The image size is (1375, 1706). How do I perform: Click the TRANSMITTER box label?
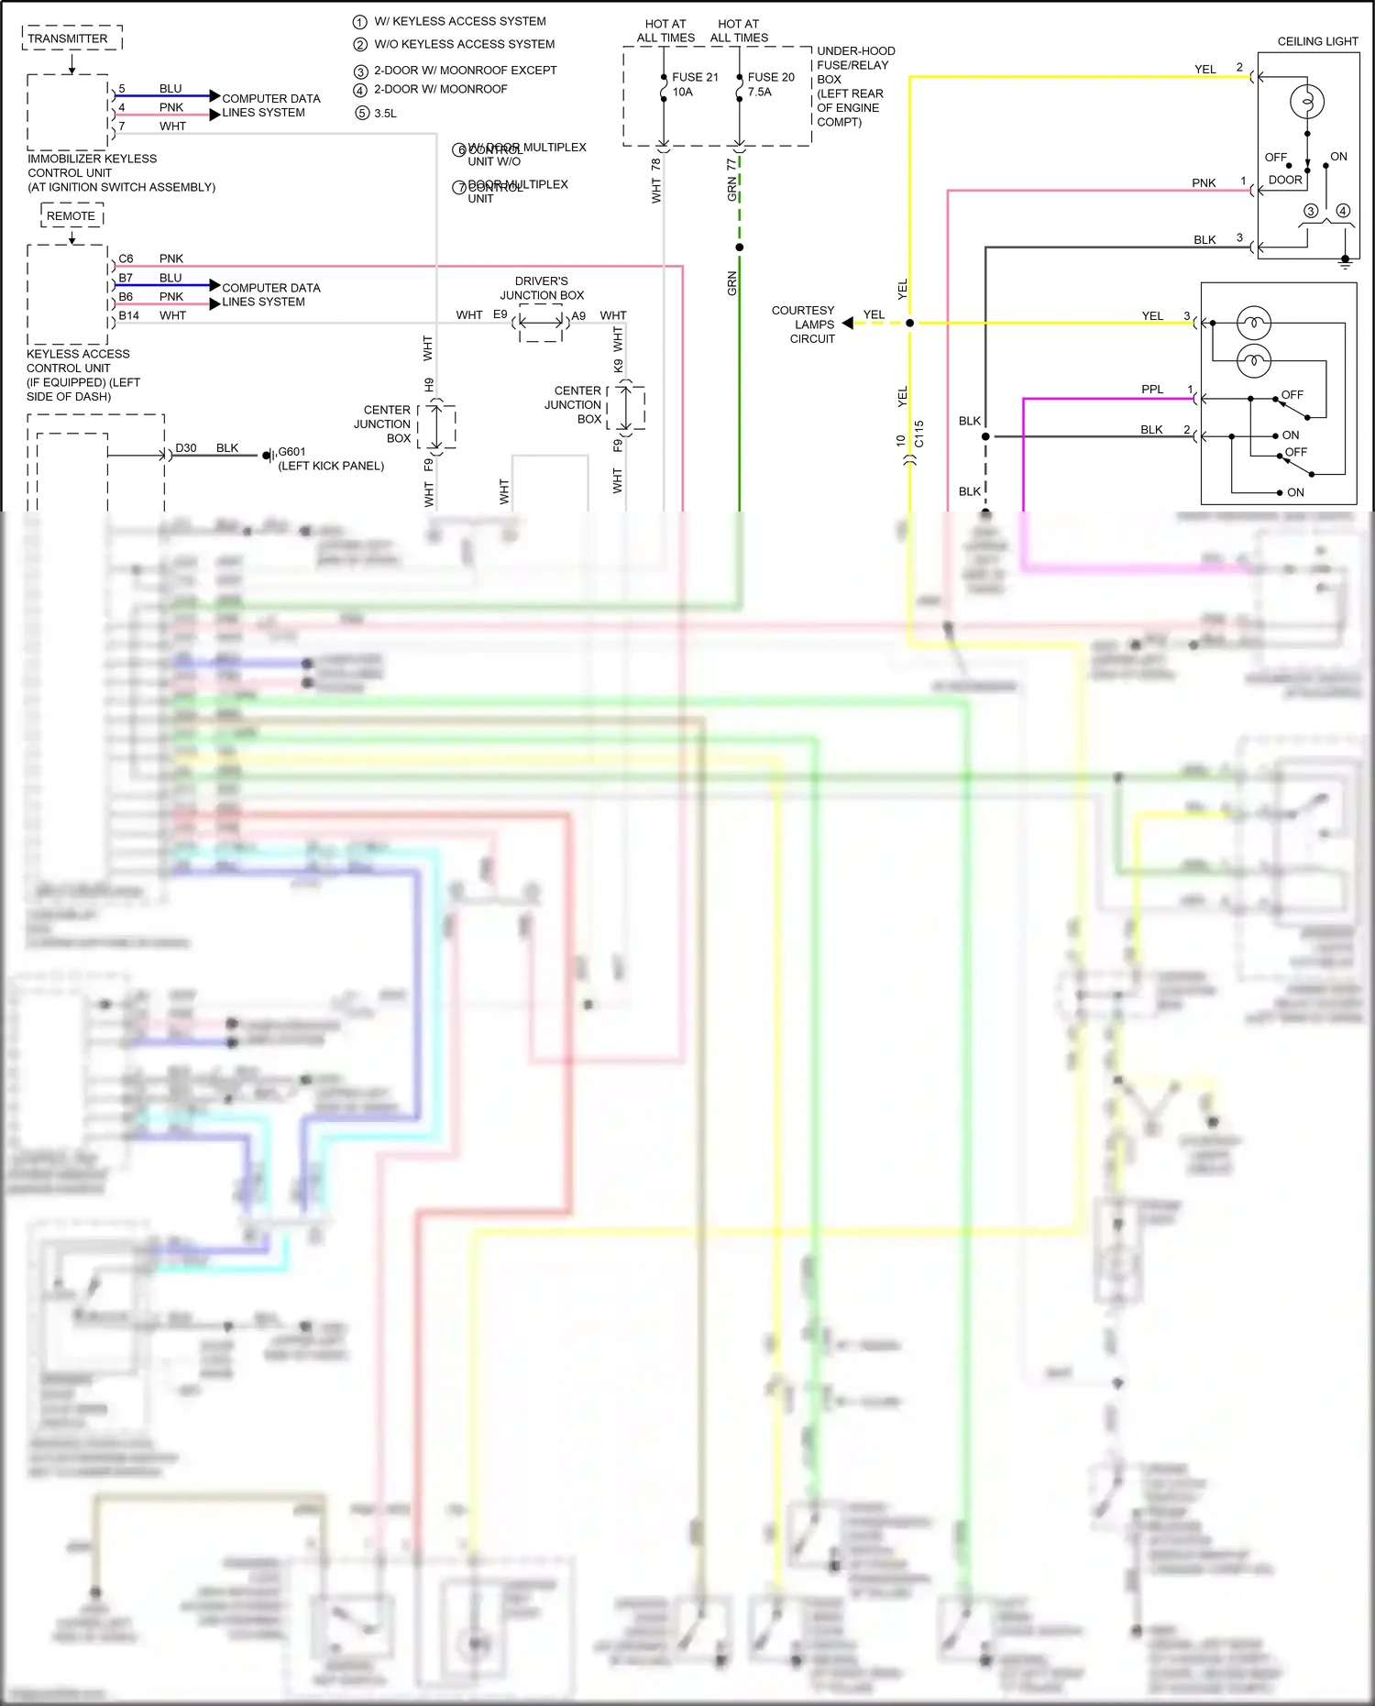point(68,39)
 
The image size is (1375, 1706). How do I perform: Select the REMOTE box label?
point(71,216)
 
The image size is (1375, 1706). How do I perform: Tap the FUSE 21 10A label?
point(695,84)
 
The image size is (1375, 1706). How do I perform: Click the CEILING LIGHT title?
point(1317,41)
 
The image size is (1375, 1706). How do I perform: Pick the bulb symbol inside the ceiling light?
point(1306,101)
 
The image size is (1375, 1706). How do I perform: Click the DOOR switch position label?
point(1285,180)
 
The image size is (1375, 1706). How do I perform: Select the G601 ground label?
point(291,452)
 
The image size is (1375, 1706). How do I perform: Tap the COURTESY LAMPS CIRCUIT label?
point(805,325)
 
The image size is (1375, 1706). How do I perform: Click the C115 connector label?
point(918,434)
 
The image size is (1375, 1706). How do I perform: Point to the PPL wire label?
point(1152,390)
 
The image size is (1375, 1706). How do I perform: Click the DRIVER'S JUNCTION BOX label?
point(541,288)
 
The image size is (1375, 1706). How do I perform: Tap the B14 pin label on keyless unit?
point(128,315)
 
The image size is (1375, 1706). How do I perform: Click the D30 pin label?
point(186,448)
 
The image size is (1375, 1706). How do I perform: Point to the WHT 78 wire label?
point(655,180)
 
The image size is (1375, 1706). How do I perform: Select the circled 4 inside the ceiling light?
point(1343,211)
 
